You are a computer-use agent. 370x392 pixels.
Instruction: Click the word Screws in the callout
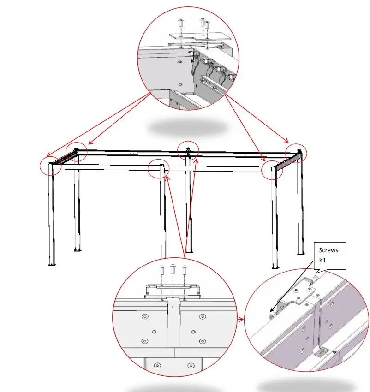(328, 250)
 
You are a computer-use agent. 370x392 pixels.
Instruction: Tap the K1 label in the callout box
(322, 261)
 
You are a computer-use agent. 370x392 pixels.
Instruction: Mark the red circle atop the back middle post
(188, 149)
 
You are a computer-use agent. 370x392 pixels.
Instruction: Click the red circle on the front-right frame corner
(272, 170)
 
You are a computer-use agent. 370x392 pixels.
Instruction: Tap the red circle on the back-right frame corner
(296, 153)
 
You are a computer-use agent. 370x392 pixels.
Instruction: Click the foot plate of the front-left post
(52, 265)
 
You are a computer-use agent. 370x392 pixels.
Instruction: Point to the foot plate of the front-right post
(275, 267)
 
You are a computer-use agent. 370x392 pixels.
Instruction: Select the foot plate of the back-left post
(78, 250)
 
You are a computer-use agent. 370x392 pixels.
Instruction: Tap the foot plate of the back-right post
(301, 253)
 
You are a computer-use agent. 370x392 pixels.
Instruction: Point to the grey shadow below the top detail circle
(188, 126)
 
